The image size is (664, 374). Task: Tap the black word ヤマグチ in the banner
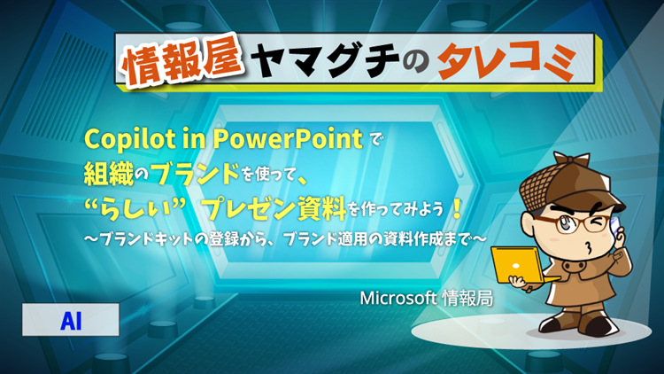(325, 60)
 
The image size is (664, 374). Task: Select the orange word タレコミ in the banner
(507, 60)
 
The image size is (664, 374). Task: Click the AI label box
(71, 320)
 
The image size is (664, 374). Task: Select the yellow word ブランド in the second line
(196, 173)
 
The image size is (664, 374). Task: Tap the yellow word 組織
(109, 174)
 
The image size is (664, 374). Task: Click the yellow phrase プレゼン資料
(274, 207)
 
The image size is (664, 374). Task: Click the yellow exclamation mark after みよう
(457, 208)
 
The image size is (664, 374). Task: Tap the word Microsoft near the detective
(398, 298)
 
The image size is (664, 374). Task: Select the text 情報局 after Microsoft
(467, 299)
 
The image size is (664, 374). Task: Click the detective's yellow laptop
(520, 266)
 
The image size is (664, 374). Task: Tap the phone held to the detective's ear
(615, 226)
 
